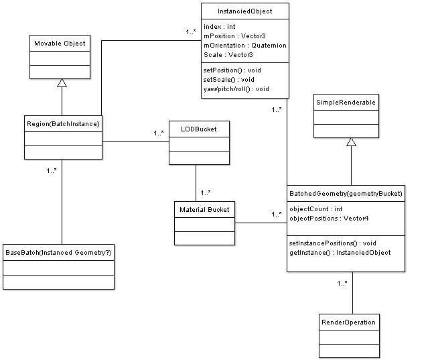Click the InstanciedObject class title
(244, 11)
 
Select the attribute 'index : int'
(219, 27)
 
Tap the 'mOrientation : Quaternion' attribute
(245, 46)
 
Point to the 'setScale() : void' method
(228, 80)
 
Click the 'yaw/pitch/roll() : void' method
(236, 89)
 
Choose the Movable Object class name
(60, 44)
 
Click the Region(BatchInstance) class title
(63, 124)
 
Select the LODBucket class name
(199, 129)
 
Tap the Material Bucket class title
(204, 210)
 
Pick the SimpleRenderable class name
(346, 103)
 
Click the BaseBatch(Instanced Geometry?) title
(58, 253)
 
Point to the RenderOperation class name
(348, 322)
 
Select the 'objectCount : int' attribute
(315, 209)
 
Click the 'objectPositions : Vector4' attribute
(329, 219)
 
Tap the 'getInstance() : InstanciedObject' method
(340, 253)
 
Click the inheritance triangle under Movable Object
(62, 83)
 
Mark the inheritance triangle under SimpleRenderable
(351, 142)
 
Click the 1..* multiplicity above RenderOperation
(342, 284)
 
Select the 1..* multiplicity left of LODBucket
(159, 133)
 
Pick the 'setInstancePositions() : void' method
(333, 243)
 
